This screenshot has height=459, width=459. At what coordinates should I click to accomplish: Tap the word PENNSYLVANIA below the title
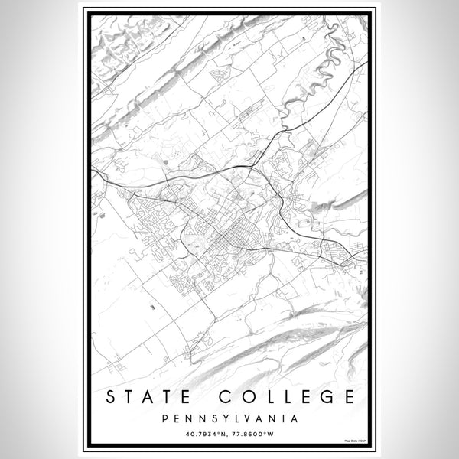tap(229, 418)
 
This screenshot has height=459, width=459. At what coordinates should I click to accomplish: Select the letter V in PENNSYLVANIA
tap(240, 418)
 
